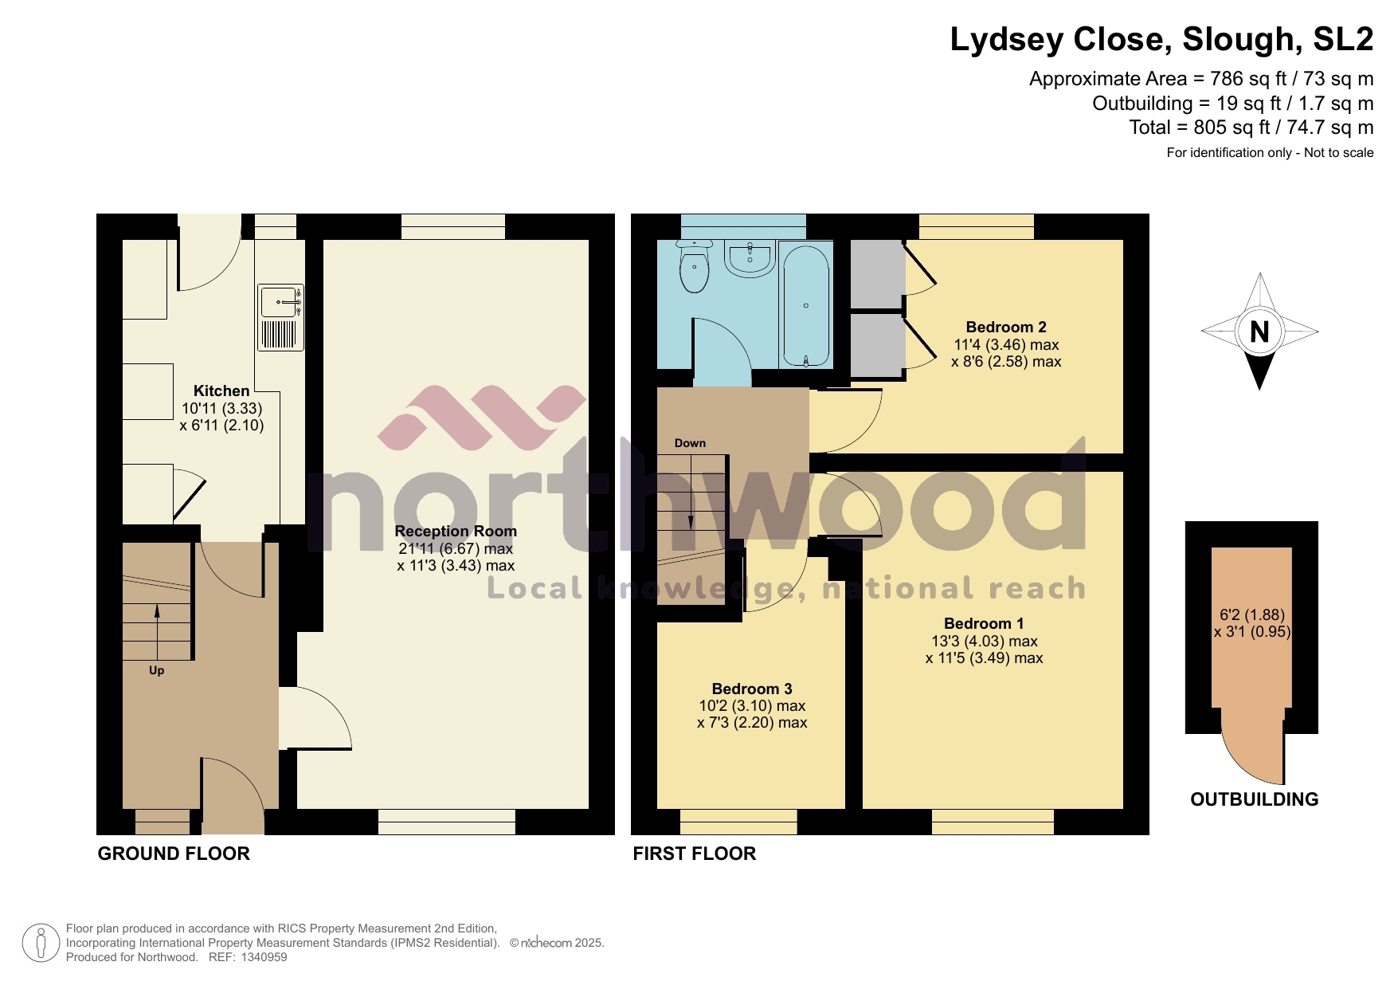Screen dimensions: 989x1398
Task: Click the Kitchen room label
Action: click(x=221, y=390)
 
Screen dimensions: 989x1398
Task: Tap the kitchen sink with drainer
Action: click(x=280, y=318)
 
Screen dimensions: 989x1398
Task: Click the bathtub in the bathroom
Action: click(x=806, y=306)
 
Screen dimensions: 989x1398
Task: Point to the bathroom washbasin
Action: click(x=749, y=259)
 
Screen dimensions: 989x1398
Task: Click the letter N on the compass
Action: click(x=1259, y=331)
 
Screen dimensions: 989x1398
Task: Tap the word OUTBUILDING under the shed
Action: click(x=1254, y=799)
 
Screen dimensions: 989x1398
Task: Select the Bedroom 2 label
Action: click(x=1005, y=327)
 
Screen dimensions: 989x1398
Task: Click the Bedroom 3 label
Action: click(x=751, y=689)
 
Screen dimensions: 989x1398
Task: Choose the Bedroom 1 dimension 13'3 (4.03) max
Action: click(x=984, y=641)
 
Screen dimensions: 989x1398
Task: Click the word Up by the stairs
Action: click(x=156, y=670)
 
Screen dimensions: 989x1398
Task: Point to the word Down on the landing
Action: click(x=690, y=443)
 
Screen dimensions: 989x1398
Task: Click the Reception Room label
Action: click(x=456, y=531)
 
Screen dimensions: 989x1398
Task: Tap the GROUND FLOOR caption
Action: click(x=174, y=854)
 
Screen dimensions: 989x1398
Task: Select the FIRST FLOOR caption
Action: click(x=694, y=854)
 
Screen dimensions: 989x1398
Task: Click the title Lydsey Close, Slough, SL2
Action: click(x=1161, y=39)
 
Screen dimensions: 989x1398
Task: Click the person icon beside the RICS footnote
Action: click(x=41, y=943)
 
